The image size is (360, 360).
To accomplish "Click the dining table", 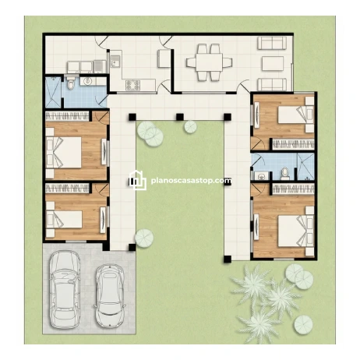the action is point(209,62).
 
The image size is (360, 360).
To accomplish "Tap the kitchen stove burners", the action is point(132,85).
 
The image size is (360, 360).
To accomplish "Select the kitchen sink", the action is point(115,62).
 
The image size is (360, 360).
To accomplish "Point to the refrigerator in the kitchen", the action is point(164,58).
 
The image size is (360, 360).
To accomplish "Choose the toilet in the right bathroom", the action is point(285,174).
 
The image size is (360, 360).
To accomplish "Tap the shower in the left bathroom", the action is point(53,92).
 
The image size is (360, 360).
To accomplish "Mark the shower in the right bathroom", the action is point(305,166).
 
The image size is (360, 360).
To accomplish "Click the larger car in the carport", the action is point(65,289).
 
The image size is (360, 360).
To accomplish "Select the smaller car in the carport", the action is point(109,296).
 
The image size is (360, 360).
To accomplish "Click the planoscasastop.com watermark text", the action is point(191,180).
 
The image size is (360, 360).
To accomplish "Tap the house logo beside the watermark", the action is point(138,180).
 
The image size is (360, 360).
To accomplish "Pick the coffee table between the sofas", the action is point(273,63).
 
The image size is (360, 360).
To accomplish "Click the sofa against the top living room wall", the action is point(272,43).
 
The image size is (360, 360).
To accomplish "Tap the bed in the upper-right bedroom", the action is point(295,115).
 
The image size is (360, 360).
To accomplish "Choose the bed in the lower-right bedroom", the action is point(296,231).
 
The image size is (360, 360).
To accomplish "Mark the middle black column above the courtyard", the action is point(180,117).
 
